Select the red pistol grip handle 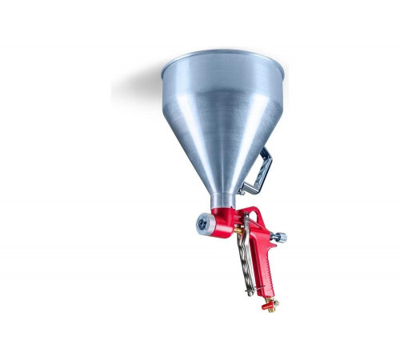pyautogui.click(x=264, y=264)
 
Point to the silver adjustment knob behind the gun pyautogui.click(x=279, y=238)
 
